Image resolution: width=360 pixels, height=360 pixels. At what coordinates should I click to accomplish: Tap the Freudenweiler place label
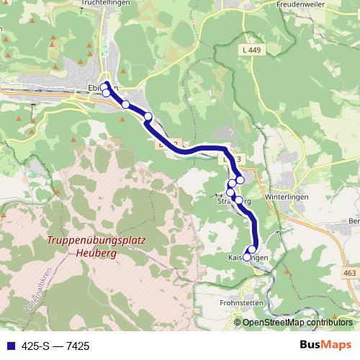pos(300,4)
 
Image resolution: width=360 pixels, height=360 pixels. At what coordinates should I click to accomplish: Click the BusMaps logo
pos(325,345)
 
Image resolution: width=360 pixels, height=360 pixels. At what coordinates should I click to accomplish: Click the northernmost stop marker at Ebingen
pos(105,85)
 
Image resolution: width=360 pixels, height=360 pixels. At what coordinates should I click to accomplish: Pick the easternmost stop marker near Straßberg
pos(240,179)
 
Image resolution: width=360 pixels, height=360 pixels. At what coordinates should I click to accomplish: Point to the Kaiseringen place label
pos(248,258)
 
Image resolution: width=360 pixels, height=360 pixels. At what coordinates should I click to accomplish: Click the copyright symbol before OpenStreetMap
pos(238,323)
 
